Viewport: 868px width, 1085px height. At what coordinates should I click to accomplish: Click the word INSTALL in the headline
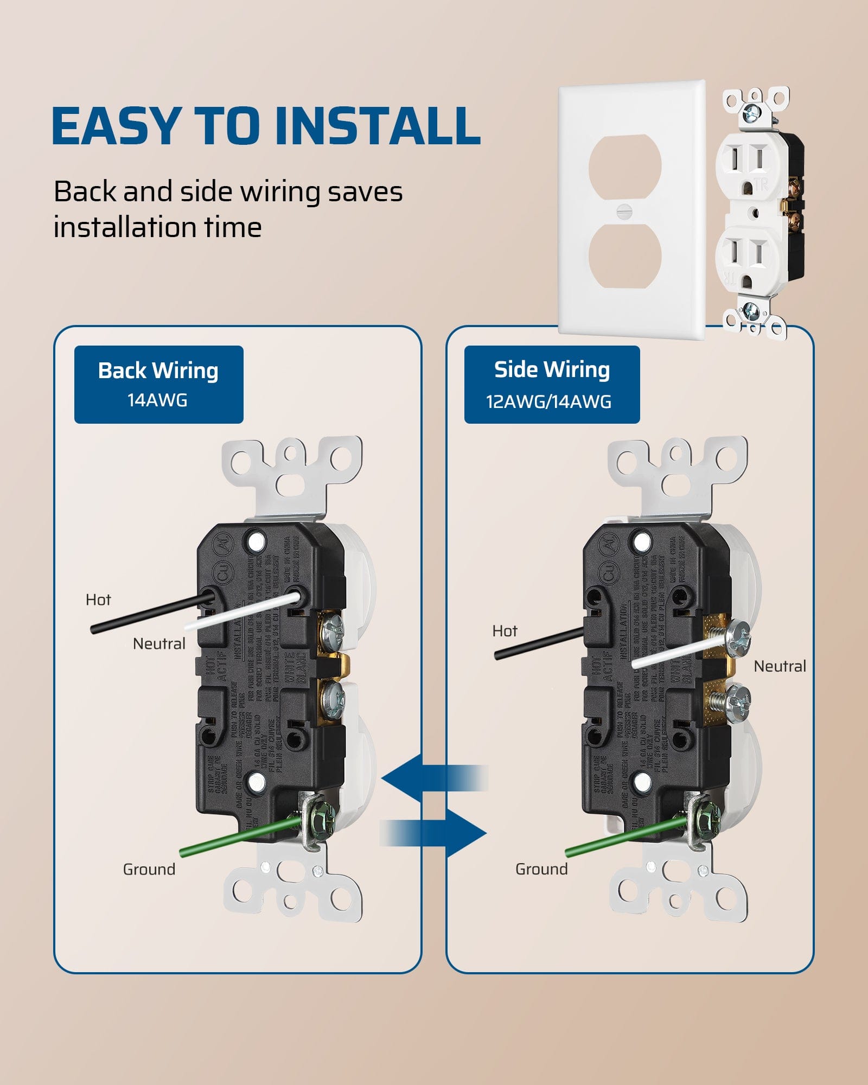(x=378, y=126)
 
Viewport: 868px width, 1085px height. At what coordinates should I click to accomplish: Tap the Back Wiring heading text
(x=158, y=371)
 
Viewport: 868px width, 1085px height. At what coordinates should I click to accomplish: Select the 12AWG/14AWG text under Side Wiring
(x=548, y=402)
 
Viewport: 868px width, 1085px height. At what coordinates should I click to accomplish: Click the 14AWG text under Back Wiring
(x=157, y=400)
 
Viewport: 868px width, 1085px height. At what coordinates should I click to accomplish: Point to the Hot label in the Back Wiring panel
(x=98, y=599)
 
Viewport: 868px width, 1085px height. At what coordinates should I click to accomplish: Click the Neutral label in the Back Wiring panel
(x=159, y=644)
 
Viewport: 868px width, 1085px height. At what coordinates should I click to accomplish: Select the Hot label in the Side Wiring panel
(x=505, y=631)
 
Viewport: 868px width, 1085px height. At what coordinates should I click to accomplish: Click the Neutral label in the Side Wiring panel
(x=780, y=666)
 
